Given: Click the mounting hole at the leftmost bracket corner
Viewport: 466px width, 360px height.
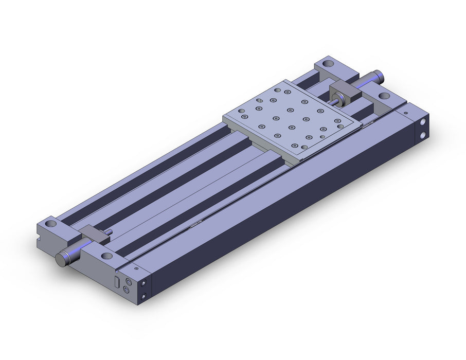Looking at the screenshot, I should coord(50,225).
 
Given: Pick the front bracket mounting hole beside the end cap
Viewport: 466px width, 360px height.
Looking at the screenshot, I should coord(106,256).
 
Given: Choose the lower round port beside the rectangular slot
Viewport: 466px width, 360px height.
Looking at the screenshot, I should coord(127,291).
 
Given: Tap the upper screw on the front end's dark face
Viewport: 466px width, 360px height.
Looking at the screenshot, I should coord(144,282).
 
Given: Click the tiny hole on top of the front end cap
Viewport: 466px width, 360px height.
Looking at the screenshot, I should coord(136,268).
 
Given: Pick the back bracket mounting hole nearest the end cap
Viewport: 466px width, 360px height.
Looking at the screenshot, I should coord(384,95).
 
